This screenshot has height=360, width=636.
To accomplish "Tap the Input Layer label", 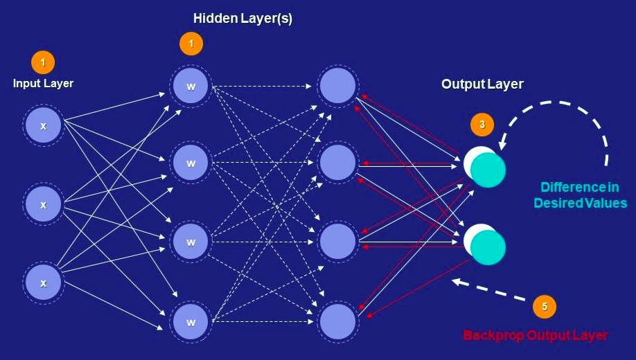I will click(x=43, y=83).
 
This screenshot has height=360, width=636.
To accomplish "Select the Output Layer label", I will click(x=482, y=84).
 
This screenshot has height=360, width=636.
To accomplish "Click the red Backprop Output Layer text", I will click(x=535, y=335).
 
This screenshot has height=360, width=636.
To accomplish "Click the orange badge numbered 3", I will click(x=482, y=125).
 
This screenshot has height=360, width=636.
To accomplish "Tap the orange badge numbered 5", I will click(x=544, y=306).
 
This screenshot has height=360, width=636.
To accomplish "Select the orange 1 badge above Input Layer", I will click(x=43, y=62).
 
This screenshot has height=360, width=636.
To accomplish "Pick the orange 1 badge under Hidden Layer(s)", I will click(x=191, y=44).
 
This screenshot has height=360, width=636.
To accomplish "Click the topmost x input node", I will click(x=43, y=125).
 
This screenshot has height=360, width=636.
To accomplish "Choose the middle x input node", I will click(x=43, y=205).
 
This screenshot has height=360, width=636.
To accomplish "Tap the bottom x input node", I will click(x=43, y=283).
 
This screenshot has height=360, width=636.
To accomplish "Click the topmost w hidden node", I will click(x=191, y=87).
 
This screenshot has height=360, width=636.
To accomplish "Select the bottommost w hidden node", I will click(x=191, y=322).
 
